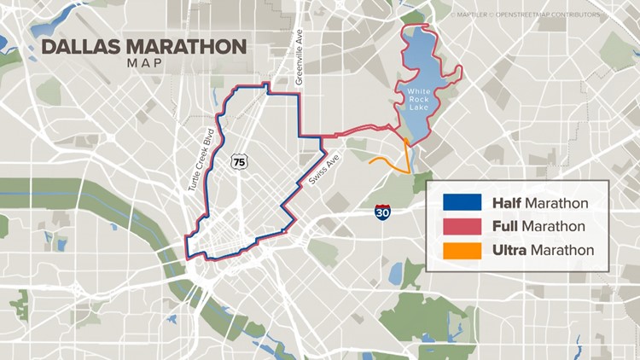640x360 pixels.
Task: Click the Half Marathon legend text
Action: [539, 203]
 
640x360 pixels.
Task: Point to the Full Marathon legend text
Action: [538, 227]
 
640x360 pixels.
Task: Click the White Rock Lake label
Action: [422, 99]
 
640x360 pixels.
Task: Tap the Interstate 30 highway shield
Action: [383, 212]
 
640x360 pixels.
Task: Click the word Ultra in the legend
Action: [509, 251]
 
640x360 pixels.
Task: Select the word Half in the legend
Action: [507, 203]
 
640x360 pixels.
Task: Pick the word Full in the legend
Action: [505, 227]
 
